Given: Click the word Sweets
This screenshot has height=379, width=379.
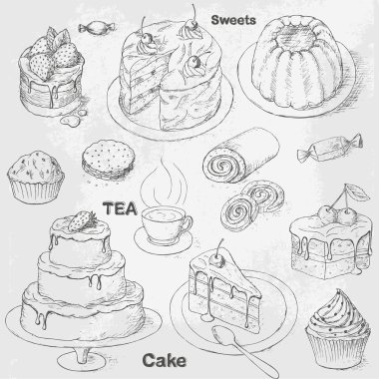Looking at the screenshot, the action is click(233, 20).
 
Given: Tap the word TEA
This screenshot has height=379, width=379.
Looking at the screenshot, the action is click(120, 208).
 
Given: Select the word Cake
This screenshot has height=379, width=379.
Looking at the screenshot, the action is click(165, 361).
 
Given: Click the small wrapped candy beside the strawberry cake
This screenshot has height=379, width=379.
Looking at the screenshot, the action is click(97, 28).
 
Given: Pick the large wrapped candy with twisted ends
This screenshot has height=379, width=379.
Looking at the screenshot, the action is click(329, 148).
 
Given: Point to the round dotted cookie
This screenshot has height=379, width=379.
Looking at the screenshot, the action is click(109, 160).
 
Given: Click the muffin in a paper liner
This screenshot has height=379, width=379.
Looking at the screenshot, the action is click(36, 178).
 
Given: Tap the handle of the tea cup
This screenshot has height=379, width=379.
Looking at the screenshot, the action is click(188, 223).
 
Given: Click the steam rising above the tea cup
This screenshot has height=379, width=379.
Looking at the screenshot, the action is click(164, 183).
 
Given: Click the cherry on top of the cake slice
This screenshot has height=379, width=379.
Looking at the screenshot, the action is click(217, 258).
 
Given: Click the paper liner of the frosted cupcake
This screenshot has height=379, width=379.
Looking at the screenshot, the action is click(337, 349).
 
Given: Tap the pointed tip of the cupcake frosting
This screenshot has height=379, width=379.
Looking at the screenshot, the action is click(339, 290).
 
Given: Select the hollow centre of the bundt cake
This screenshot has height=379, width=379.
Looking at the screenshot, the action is click(297, 36).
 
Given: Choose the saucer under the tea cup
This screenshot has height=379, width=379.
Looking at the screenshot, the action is click(163, 240).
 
